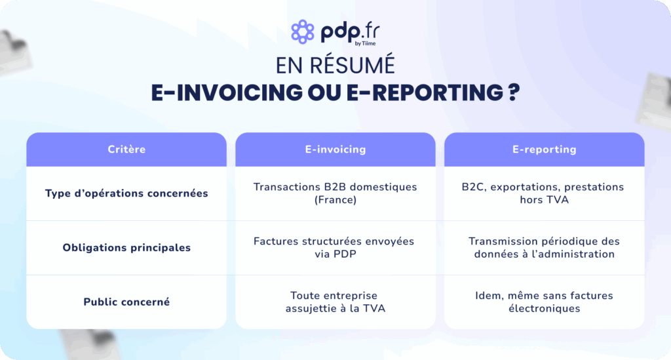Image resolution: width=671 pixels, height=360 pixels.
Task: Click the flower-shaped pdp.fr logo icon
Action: pos(303,31)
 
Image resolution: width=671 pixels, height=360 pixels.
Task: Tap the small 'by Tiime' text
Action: pos(365,43)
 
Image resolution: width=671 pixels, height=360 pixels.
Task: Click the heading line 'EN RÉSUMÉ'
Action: pos(335,66)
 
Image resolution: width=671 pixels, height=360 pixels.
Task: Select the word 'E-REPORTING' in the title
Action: pos(425,92)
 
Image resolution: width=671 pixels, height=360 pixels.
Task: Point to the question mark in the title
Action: pos(514,92)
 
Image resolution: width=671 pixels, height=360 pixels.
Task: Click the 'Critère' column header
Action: pos(126,150)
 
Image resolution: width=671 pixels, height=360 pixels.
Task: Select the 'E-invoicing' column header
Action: pos(335,150)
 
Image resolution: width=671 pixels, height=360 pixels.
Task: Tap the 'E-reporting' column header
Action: pos(545,150)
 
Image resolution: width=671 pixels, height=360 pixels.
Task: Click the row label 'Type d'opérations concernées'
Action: pos(126,193)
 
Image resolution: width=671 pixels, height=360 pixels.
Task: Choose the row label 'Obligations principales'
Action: pos(126,248)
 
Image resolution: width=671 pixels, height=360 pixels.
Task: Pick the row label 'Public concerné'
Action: pos(126,302)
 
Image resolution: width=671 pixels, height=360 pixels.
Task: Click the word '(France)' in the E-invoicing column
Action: pos(335,200)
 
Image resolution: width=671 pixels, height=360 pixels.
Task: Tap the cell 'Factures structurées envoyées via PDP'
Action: pos(334,248)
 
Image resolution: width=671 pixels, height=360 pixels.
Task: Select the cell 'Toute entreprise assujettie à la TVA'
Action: pos(335,302)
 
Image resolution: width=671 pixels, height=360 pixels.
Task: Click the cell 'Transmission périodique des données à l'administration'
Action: pos(545,248)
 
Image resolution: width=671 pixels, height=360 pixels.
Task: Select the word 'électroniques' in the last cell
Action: pos(545,309)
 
